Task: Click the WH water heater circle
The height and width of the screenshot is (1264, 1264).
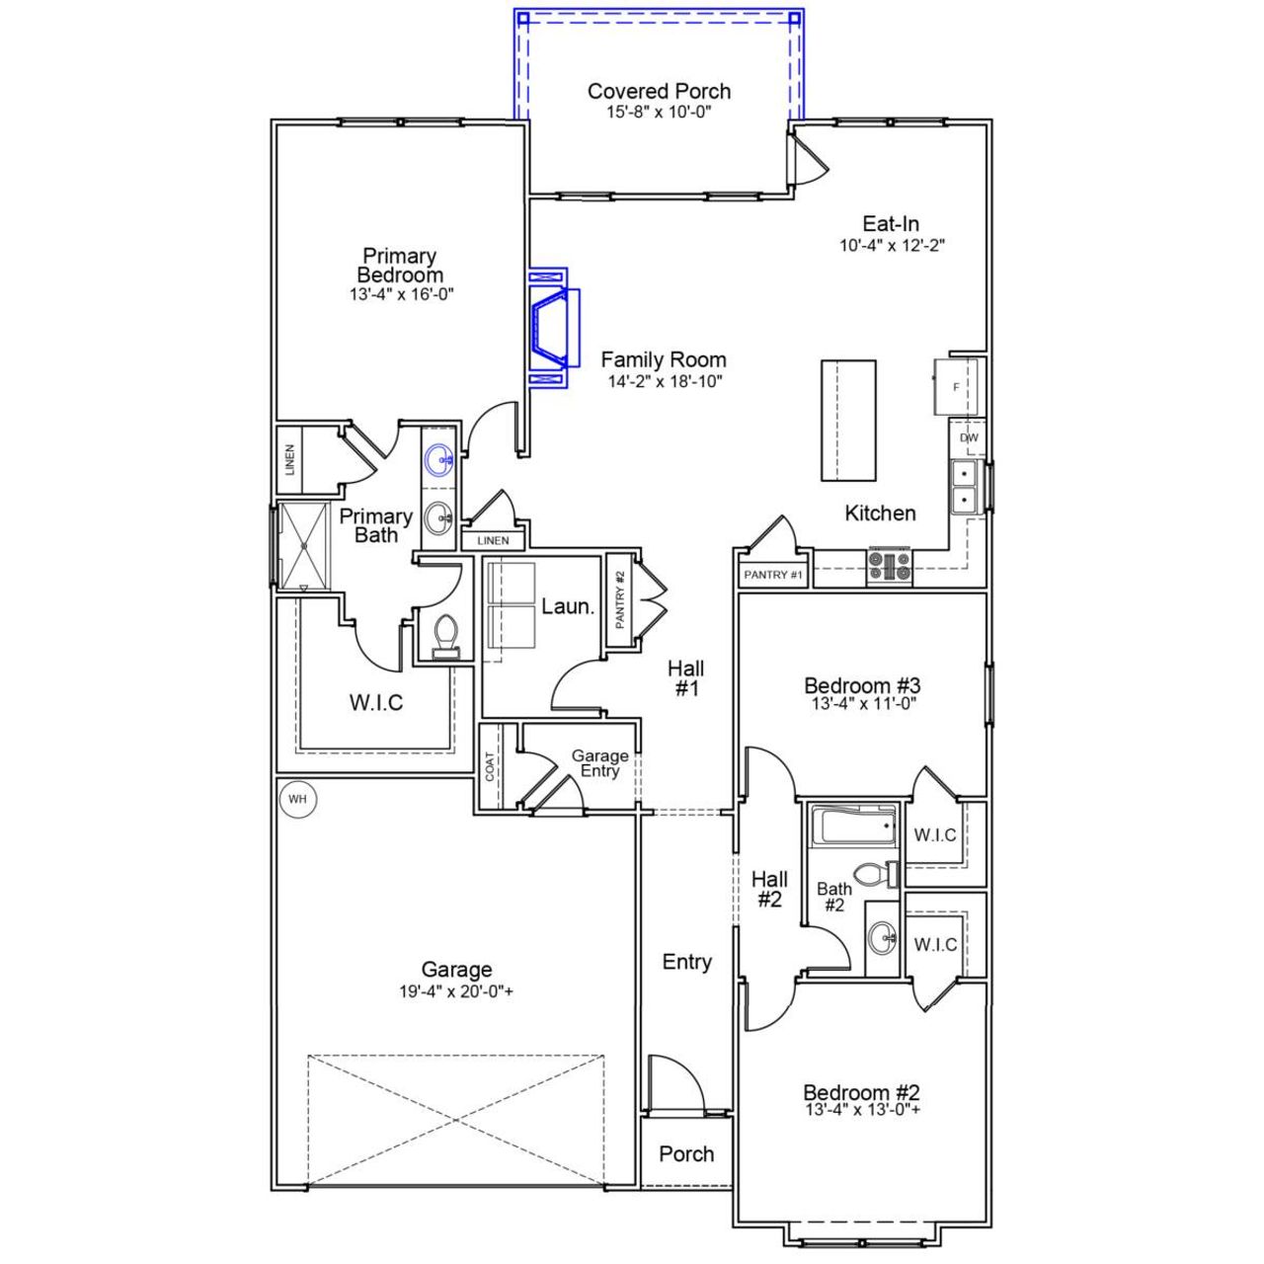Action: click(297, 799)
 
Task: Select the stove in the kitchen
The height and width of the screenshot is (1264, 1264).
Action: click(889, 566)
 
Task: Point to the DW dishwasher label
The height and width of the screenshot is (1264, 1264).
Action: click(969, 437)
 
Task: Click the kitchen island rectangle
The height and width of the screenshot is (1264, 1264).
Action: click(848, 420)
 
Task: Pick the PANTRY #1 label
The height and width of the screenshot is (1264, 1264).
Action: click(773, 575)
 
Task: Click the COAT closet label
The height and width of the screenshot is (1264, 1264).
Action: click(490, 767)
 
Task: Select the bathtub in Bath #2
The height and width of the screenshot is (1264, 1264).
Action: click(853, 825)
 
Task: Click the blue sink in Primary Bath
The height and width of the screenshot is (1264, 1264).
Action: click(439, 458)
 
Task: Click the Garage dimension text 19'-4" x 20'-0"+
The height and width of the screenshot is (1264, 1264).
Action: click(456, 992)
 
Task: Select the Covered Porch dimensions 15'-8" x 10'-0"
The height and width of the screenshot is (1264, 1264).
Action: click(659, 113)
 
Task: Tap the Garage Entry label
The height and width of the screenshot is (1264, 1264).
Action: click(599, 763)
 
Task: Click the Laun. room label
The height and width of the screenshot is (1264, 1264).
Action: click(568, 606)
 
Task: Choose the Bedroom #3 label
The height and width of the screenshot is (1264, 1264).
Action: click(862, 685)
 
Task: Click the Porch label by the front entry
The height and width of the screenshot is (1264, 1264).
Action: click(686, 1153)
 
